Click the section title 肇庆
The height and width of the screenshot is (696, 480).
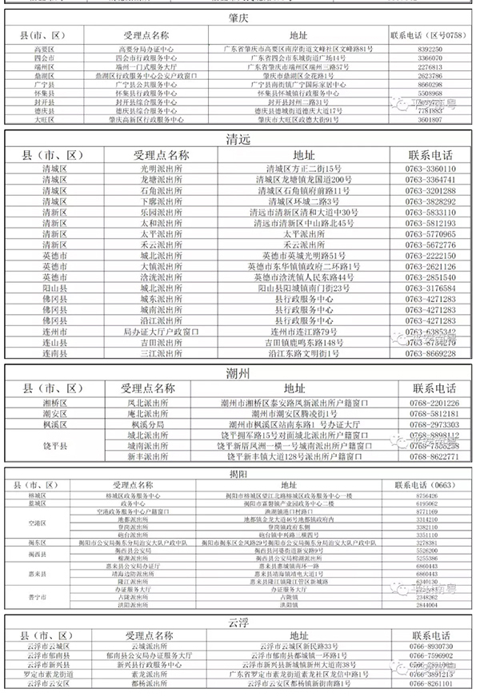(x=239, y=18)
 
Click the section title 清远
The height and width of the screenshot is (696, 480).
(x=239, y=139)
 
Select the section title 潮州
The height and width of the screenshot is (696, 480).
(x=239, y=372)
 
